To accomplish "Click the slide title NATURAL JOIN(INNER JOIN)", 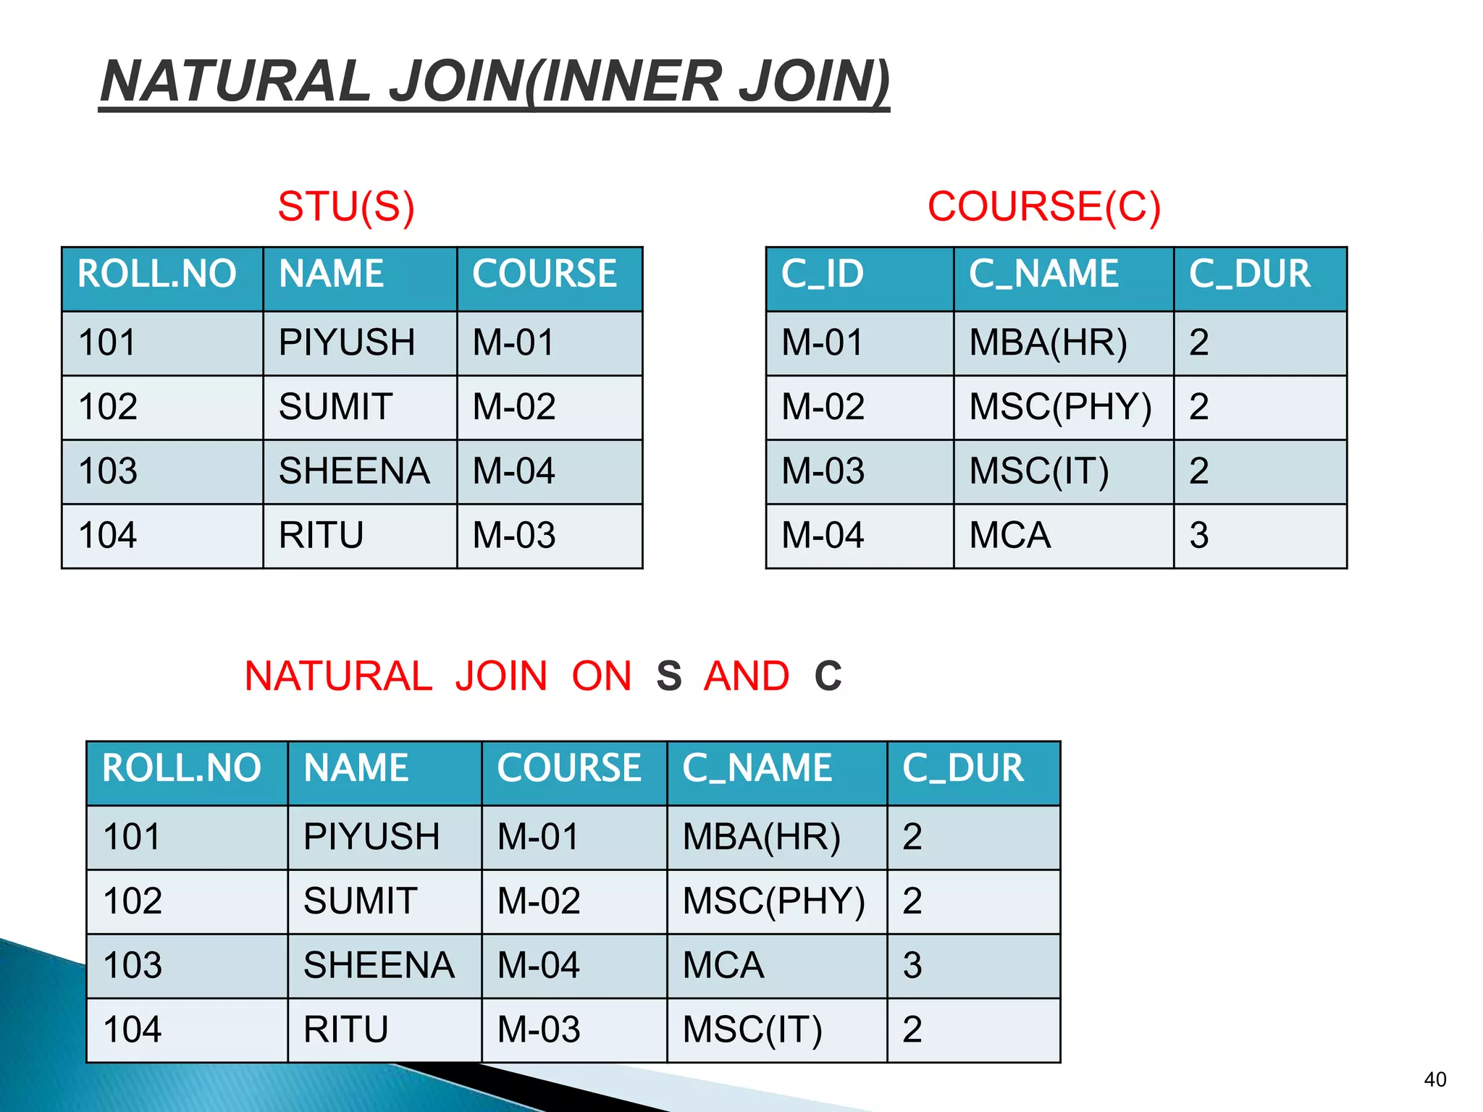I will [495, 81].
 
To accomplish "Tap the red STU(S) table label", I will [346, 207].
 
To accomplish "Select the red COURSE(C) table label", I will [1043, 207].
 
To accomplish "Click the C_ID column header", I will [823, 274].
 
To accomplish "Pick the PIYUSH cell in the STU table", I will [347, 342].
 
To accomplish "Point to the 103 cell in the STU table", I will [108, 471].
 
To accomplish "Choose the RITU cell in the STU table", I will [321, 536].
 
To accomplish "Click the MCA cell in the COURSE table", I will [1009, 536].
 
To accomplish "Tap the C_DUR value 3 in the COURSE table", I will [1198, 536].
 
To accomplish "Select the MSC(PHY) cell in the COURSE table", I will [1059, 407].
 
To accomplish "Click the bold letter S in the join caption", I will [668, 676].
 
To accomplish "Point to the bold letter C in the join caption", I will [828, 676].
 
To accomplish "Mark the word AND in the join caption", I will [747, 676].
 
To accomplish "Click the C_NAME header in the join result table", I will [757, 769].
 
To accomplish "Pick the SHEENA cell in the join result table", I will [379, 966].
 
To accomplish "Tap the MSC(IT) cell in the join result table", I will [752, 1030].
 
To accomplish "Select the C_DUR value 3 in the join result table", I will [912, 966].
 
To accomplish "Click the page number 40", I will [1434, 1079].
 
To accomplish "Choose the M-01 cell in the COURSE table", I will [823, 342].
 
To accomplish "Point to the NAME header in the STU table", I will [332, 274].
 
